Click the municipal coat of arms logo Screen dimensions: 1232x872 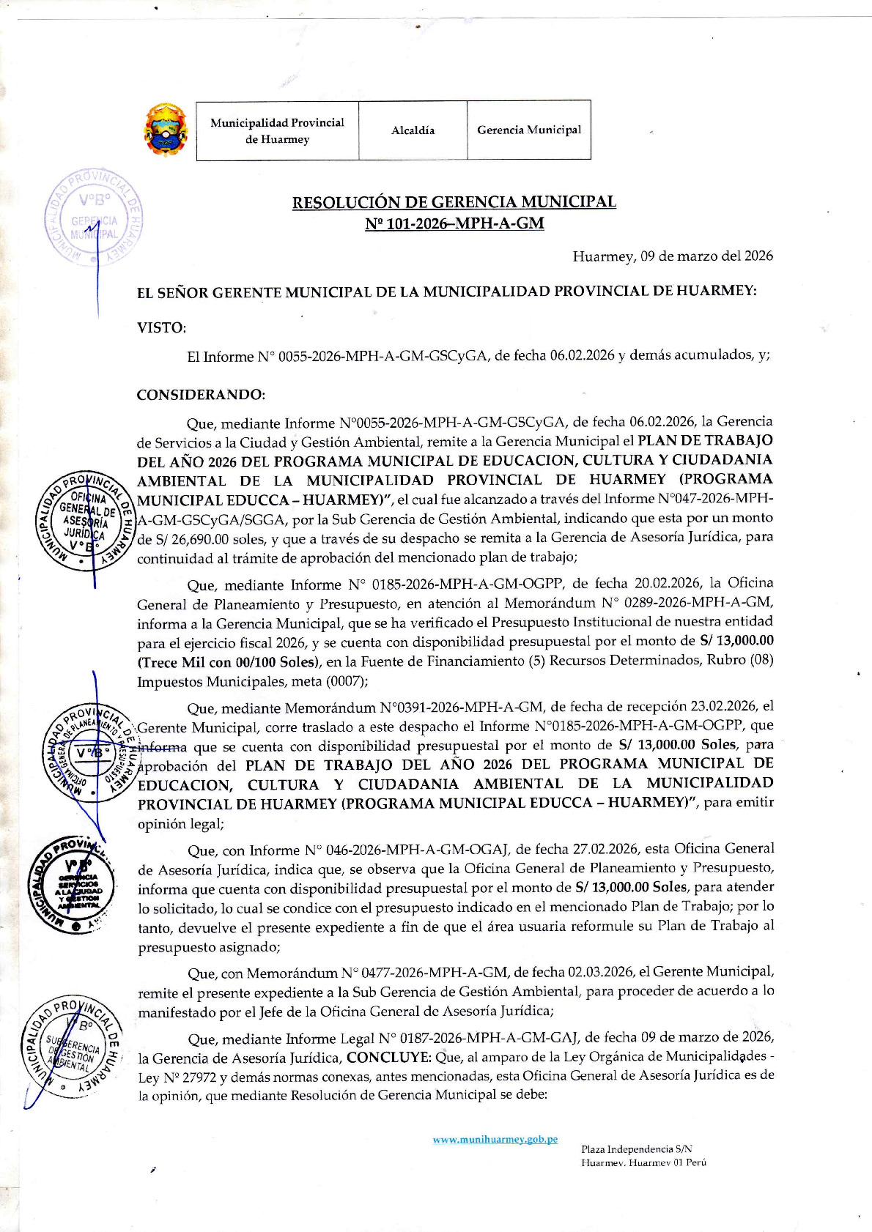point(165,130)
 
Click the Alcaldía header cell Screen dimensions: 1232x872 point(413,130)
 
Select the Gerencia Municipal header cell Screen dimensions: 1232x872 point(528,130)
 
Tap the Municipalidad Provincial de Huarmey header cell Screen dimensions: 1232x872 point(277,130)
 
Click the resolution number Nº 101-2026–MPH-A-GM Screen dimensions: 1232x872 point(454,223)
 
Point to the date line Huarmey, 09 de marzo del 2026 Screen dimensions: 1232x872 point(672,256)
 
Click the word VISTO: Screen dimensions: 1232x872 point(161,327)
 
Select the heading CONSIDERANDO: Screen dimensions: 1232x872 point(201,395)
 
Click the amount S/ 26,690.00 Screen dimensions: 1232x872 point(184,538)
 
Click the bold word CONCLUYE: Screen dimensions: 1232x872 point(388,1057)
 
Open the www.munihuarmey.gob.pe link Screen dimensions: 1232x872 point(495,1139)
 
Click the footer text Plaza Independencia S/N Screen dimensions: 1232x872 point(636,1149)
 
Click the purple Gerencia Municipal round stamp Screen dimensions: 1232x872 point(93,218)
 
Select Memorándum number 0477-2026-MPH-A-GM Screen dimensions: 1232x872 point(424,973)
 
